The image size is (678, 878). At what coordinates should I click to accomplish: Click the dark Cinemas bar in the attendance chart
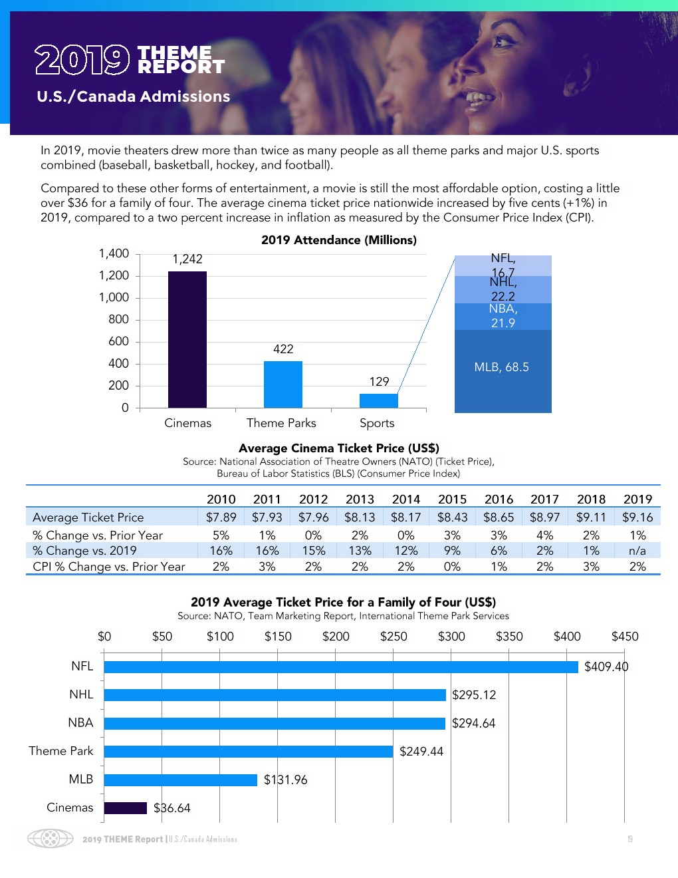[187, 339]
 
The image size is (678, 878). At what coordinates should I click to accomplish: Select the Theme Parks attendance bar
[283, 384]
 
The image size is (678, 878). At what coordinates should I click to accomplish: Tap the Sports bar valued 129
[379, 400]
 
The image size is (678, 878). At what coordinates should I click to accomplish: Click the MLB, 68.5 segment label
[502, 367]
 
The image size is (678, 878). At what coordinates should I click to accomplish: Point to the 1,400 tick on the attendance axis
[114, 253]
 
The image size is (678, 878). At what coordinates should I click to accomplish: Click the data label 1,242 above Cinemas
[187, 259]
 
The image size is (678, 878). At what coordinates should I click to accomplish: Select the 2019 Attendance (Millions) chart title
[339, 240]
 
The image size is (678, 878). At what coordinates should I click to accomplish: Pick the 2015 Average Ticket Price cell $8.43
[452, 517]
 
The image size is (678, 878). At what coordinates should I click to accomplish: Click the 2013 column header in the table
[360, 500]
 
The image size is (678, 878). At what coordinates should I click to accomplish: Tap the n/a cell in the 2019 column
[637, 551]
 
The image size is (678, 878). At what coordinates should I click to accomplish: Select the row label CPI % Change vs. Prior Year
[109, 567]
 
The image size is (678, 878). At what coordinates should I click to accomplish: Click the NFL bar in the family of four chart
[341, 666]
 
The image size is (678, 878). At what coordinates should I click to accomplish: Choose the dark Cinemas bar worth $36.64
[126, 808]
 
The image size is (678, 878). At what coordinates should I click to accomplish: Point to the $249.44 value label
[421, 752]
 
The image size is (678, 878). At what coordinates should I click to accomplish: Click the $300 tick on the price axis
[451, 637]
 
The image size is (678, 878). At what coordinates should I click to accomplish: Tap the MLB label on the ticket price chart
[81, 780]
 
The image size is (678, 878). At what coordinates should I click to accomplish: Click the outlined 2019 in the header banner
[82, 60]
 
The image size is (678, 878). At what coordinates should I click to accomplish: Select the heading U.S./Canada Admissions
[134, 96]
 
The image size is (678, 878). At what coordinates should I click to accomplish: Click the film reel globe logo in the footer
[51, 838]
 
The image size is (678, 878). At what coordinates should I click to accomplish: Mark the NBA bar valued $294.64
[275, 723]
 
